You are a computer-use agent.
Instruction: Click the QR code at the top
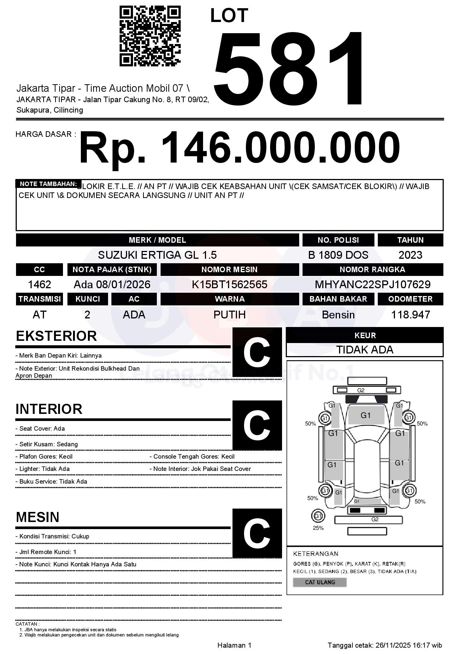pyautogui.click(x=150, y=36)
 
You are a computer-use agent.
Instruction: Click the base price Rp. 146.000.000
pyautogui.click(x=239, y=148)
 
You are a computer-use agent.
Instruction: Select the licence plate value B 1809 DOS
pyautogui.click(x=338, y=255)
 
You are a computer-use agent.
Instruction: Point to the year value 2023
pyautogui.click(x=410, y=255)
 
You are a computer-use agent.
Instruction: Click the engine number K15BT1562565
pyautogui.click(x=230, y=285)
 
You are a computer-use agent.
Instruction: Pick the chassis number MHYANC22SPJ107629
pyautogui.click(x=373, y=285)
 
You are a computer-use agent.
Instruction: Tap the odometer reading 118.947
pyautogui.click(x=410, y=315)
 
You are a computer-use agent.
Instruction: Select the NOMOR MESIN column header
pyautogui.click(x=230, y=270)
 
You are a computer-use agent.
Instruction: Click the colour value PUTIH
pyautogui.click(x=230, y=315)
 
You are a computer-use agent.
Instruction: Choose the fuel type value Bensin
pyautogui.click(x=338, y=315)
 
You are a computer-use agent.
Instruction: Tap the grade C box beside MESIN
pyautogui.click(x=257, y=533)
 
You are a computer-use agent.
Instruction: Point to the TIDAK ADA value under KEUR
pyautogui.click(x=365, y=350)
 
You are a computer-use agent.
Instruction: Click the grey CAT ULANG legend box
pyautogui.click(x=320, y=582)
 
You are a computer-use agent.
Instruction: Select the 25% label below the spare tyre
pyautogui.click(x=318, y=528)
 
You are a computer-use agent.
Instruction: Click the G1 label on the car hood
pyautogui.click(x=366, y=415)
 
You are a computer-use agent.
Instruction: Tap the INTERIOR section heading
pyautogui.click(x=49, y=409)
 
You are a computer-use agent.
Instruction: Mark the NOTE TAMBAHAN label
pyautogui.click(x=48, y=184)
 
